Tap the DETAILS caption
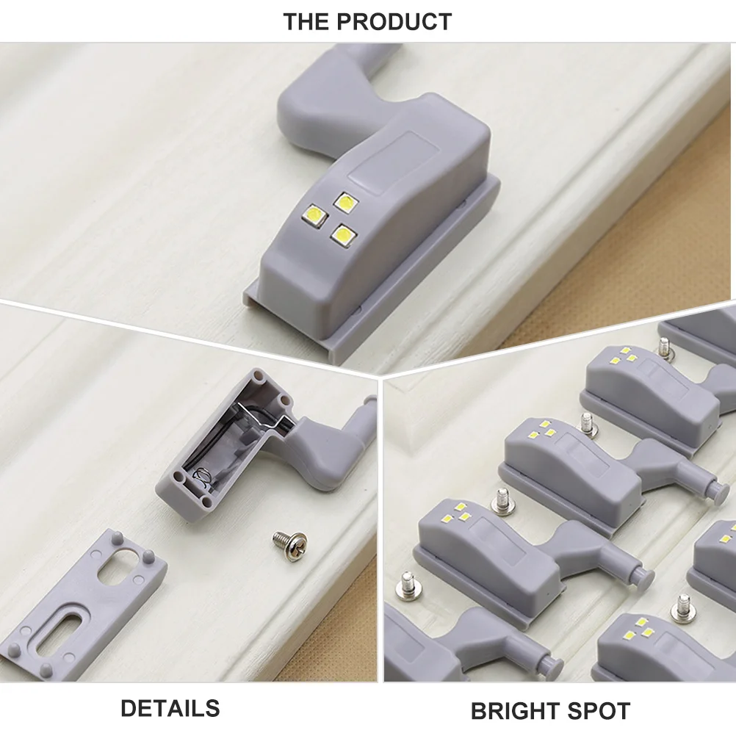pyautogui.click(x=170, y=708)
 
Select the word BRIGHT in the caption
pyautogui.click(x=516, y=711)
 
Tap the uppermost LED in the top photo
pyautogui.click(x=344, y=201)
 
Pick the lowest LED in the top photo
pyautogui.click(x=340, y=234)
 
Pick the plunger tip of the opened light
pyautogui.click(x=371, y=403)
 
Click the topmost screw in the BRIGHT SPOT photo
pyautogui.click(x=665, y=347)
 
